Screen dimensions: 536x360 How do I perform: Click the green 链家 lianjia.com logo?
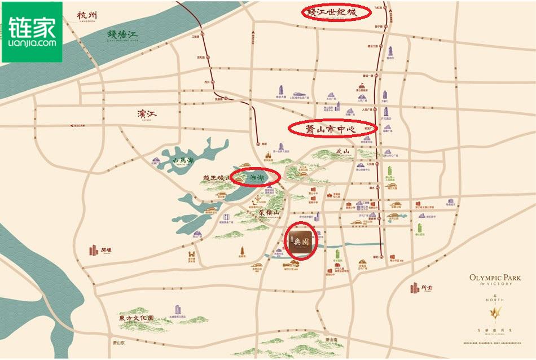[32, 32]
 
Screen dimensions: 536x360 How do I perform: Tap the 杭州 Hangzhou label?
[89, 14]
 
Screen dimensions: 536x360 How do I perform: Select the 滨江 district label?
[146, 115]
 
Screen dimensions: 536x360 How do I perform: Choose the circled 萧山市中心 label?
[332, 129]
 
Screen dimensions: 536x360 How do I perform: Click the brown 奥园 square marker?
[301, 241]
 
